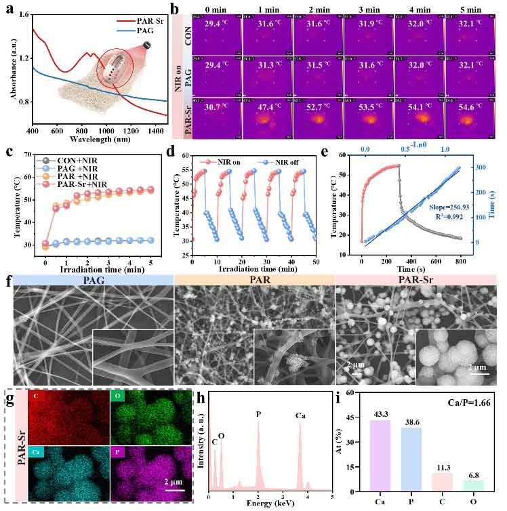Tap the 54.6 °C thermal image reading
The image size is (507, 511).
coord(473,108)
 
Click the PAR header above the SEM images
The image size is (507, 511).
coord(254,279)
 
